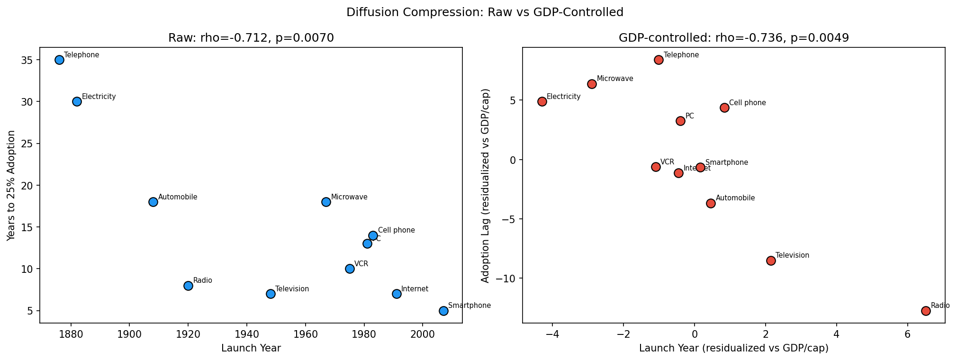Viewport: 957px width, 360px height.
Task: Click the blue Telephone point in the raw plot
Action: coord(59,60)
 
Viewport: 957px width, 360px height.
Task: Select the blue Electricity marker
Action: coord(77,101)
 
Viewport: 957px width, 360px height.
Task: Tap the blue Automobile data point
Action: coord(153,202)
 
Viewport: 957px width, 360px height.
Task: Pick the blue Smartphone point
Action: coord(443,311)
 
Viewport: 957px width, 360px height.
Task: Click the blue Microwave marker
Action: coord(326,202)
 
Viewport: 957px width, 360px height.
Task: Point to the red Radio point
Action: coord(926,311)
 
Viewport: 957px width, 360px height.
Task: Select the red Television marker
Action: coord(771,261)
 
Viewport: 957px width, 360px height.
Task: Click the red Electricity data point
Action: coord(542,101)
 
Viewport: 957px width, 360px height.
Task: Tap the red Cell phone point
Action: coord(724,108)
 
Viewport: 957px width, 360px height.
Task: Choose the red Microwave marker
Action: coord(592,84)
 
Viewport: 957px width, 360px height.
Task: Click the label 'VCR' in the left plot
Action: coord(361,264)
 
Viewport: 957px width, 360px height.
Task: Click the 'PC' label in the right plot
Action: coord(690,116)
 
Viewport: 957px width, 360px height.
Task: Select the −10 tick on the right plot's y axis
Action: coord(506,279)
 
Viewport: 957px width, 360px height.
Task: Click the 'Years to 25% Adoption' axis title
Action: coord(11,185)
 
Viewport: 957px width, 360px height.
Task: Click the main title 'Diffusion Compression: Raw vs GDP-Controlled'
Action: coord(485,12)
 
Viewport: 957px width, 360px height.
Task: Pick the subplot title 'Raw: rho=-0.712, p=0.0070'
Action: coord(251,38)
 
